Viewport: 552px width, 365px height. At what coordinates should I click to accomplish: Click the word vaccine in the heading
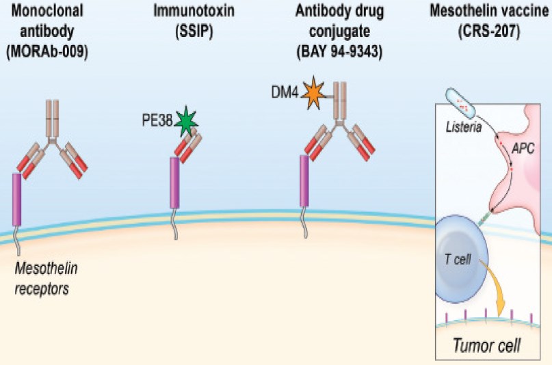click(x=525, y=12)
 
